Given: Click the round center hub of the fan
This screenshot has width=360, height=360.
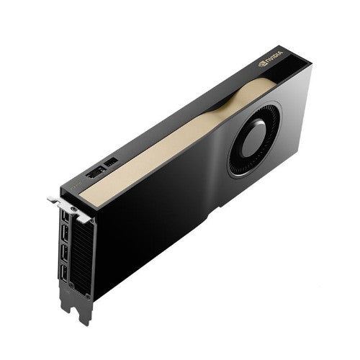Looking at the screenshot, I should tap(253, 139).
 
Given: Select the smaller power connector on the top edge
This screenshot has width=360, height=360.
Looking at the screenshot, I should tap(112, 163).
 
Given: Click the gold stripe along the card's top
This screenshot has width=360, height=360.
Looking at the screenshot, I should tap(166, 144).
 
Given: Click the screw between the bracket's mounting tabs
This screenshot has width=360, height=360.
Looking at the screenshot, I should tap(68, 204).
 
